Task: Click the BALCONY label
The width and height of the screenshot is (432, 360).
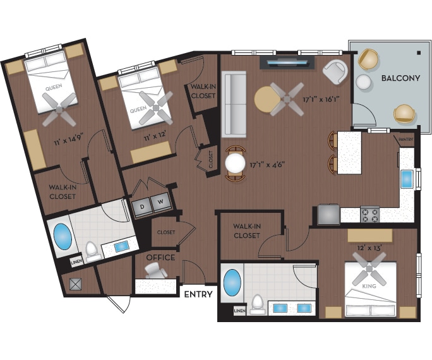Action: [x=400, y=78]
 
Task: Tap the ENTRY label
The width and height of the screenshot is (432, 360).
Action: [x=198, y=294]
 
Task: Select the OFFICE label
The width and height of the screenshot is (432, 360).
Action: [x=160, y=258]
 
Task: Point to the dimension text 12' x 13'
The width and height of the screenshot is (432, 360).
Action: [x=370, y=248]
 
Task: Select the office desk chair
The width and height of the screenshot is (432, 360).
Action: [x=154, y=270]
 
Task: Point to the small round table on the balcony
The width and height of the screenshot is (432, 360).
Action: [x=363, y=82]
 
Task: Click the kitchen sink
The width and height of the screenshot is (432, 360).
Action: [x=406, y=179]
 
